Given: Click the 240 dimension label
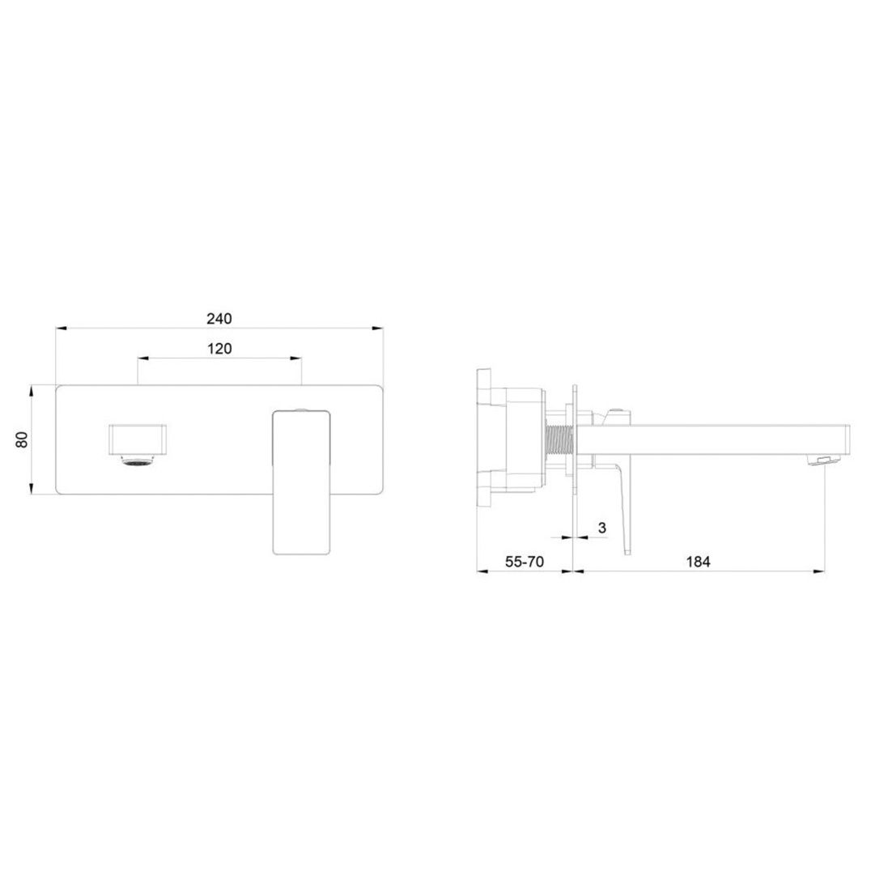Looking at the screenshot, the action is point(219,319).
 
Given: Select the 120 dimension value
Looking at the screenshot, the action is point(219,349).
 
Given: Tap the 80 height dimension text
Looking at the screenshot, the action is point(22,439).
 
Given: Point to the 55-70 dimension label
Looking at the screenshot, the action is point(525,562).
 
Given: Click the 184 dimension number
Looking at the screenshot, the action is point(698,562).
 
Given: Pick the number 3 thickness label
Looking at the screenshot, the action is point(601,528).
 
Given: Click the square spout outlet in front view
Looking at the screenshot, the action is point(138,439).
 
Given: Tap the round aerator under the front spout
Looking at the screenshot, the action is point(138,460).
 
